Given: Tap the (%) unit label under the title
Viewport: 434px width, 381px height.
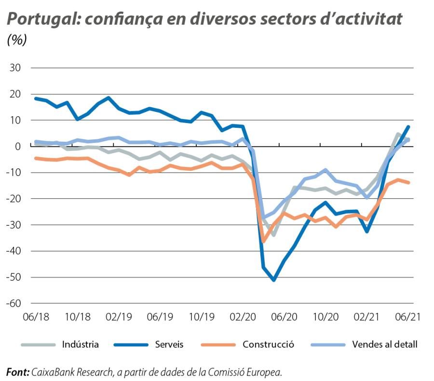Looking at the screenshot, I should coord(17,41).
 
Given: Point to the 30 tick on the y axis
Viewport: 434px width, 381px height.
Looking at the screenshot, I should coord(15,68).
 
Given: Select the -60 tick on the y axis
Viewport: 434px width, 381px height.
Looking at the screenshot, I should coord(13,303).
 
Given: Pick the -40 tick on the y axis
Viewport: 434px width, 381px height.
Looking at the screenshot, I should coord(13,251).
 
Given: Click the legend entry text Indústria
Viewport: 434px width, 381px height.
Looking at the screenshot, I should coord(81,344).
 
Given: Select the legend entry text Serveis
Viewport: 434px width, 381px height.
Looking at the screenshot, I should coord(169,344).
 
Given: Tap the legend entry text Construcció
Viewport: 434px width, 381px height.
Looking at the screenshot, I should coord(268,344).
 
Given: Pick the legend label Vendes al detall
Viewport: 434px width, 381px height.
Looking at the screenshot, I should coord(385,344).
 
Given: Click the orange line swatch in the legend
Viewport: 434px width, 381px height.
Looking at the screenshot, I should coord(219,345).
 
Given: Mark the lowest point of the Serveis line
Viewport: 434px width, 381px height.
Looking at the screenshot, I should coord(273,280).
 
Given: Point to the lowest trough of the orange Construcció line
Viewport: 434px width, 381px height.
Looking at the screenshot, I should coord(263,241).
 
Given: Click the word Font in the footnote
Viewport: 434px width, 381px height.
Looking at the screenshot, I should coord(17,372).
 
